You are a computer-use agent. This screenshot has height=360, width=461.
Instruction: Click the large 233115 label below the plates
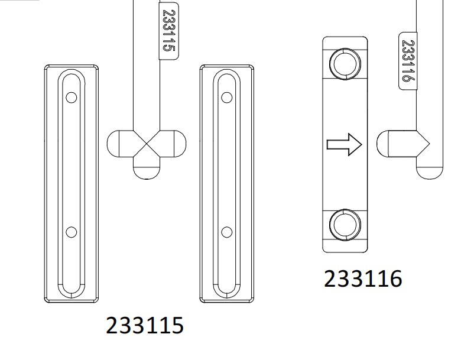(x=145, y=325)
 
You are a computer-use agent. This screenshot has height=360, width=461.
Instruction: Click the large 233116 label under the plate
(x=363, y=279)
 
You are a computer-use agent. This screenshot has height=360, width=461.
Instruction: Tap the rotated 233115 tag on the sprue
(x=169, y=31)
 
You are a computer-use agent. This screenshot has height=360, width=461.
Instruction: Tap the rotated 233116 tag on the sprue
(x=408, y=60)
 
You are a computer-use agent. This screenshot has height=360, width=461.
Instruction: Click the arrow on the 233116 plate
(x=345, y=144)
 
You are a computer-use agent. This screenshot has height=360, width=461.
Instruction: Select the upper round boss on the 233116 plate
(x=345, y=64)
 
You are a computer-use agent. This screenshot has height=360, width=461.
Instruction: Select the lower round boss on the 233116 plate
(x=345, y=225)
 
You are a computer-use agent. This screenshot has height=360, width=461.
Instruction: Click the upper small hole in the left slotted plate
(x=72, y=98)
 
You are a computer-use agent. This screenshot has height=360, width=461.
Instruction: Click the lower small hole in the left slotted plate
(x=72, y=232)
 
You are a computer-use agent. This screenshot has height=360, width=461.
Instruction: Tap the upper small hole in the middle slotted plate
(x=227, y=98)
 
